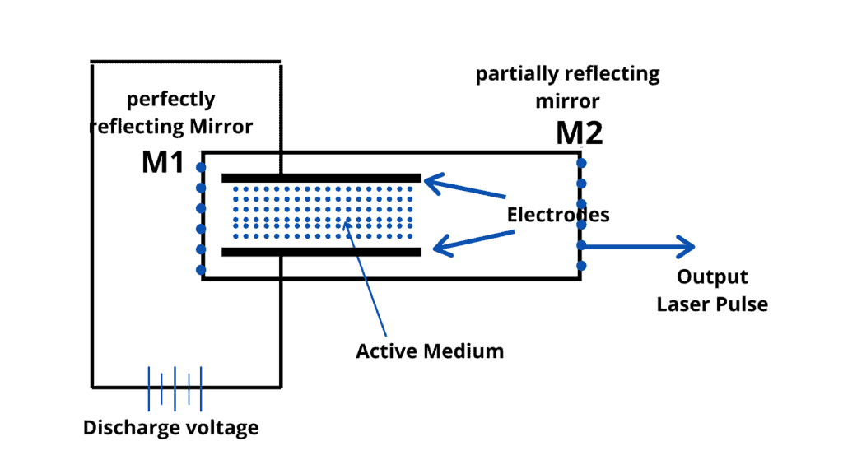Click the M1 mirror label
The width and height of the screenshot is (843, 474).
162,162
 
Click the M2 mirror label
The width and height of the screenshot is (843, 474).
579,132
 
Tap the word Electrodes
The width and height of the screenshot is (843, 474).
557,215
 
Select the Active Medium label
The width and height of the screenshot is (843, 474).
429,351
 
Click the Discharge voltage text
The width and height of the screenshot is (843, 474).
170,428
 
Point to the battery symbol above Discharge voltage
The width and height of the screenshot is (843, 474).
175,388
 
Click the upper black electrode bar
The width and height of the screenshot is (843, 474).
321,178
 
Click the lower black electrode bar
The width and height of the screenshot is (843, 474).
321,251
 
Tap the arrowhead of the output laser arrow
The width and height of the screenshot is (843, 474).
688,245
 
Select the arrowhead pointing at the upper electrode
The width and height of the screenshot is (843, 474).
433,183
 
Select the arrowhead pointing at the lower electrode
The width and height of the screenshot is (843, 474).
442,244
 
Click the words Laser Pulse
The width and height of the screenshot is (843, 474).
712,304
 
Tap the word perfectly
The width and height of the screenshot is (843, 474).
170,100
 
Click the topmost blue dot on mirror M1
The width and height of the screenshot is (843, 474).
200,167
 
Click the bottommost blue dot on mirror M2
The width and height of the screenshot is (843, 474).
581,265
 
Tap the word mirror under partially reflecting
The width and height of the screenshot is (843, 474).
567,100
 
